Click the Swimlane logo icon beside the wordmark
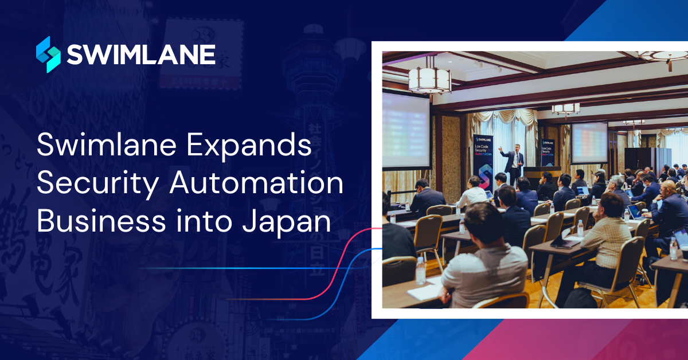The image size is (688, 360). (48, 54)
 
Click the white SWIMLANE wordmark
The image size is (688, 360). (141, 55)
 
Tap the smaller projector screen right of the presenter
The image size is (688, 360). (589, 142)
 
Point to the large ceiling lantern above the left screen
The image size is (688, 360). (430, 79)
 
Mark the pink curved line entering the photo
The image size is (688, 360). (344, 258)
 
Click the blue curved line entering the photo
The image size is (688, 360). (350, 275)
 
